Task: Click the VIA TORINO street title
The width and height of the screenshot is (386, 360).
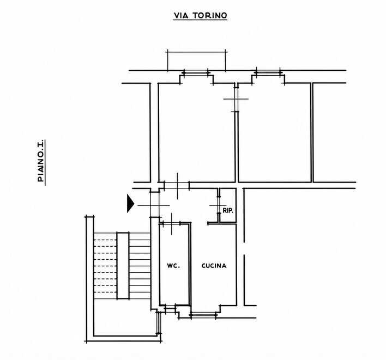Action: click(200, 16)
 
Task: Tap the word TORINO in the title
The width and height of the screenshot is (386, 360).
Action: click(210, 16)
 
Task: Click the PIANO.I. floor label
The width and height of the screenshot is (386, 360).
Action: click(41, 161)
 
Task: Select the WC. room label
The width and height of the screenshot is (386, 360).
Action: click(173, 266)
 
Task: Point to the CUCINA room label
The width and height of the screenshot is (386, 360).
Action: click(214, 266)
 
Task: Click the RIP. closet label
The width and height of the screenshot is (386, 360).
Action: click(228, 211)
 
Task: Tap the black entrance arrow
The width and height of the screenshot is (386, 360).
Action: click(130, 203)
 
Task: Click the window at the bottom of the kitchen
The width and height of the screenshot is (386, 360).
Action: click(203, 315)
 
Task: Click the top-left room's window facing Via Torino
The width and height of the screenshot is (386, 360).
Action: click(196, 72)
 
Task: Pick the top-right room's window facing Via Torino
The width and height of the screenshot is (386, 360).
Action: click(268, 72)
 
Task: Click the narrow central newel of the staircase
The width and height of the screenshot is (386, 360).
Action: click(123, 266)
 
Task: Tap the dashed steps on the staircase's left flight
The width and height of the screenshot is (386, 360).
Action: click(105, 266)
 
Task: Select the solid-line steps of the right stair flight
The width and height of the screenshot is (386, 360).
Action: click(140, 266)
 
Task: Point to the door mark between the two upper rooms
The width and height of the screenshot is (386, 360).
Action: click(236, 99)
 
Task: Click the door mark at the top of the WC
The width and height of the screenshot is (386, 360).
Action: click(171, 223)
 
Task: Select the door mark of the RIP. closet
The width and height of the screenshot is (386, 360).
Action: click(218, 205)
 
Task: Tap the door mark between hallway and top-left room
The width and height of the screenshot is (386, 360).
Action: click(177, 186)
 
